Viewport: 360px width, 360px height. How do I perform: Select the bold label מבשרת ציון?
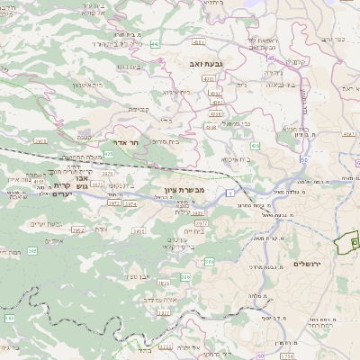coord(185,191)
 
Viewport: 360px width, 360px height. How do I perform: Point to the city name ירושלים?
coord(308,263)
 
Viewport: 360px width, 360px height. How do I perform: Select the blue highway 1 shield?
coord(231,193)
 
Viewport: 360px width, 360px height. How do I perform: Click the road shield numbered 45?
coord(270,58)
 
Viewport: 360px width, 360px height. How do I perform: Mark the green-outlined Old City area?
coord(346,245)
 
